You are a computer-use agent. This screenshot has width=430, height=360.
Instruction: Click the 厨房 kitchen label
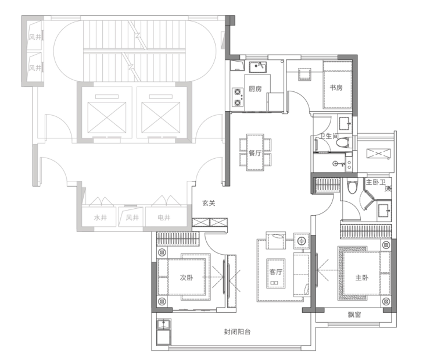(x=255, y=88)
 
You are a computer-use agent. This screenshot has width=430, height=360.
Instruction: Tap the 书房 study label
(x=336, y=88)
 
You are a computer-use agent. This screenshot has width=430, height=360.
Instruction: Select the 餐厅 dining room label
(x=255, y=153)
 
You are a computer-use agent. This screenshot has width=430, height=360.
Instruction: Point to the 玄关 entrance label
(x=209, y=203)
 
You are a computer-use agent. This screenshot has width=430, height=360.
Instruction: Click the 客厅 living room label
(x=275, y=272)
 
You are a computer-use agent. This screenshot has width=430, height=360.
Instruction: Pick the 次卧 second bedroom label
(x=187, y=277)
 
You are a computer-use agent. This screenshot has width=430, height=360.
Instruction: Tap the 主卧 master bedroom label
(x=361, y=277)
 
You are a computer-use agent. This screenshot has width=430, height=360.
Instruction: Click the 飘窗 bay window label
(x=354, y=315)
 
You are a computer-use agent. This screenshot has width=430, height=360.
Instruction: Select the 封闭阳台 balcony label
(x=237, y=332)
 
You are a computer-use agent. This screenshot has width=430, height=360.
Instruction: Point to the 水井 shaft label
(x=101, y=218)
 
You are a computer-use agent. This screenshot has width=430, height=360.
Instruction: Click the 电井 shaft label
(x=164, y=218)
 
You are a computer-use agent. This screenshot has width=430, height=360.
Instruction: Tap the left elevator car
(x=107, y=117)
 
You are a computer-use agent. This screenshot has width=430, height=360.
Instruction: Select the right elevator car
(x=161, y=117)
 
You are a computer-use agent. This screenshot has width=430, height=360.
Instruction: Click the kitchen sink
(x=257, y=67)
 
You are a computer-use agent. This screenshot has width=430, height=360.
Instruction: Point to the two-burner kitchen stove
(x=238, y=97)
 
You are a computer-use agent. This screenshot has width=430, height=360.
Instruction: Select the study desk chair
(x=304, y=74)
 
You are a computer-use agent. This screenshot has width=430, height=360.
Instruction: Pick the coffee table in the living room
(x=275, y=273)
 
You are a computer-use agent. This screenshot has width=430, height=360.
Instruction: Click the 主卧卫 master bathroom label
(x=376, y=182)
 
